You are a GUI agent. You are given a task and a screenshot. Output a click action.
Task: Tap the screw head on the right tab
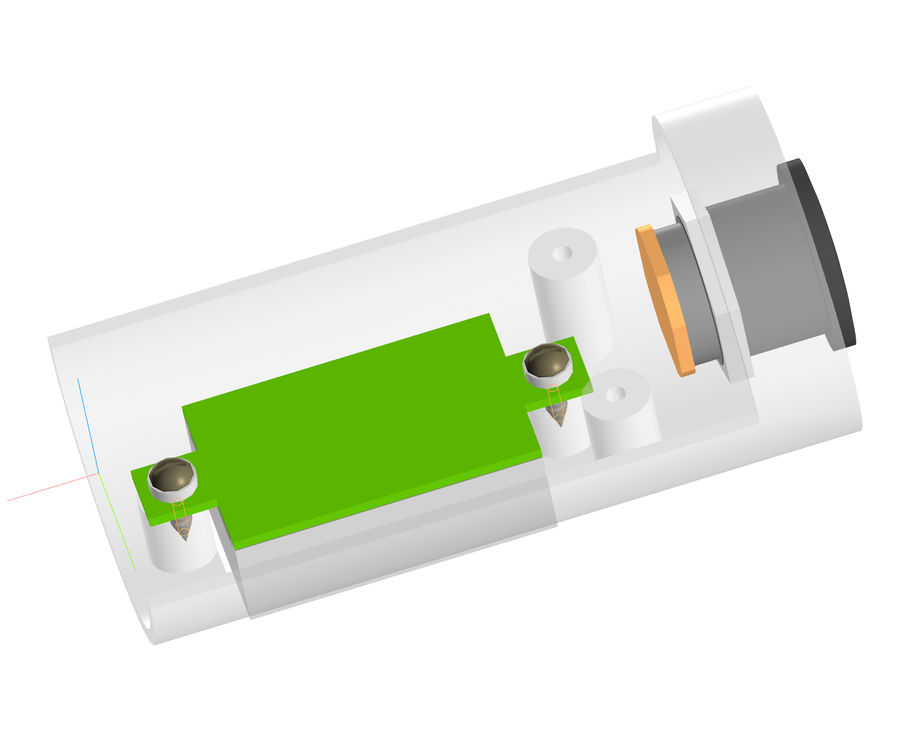point(547,363)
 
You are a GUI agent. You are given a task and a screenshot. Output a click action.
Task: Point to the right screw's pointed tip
point(559,420)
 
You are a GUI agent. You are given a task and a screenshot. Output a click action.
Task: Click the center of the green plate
point(361,426)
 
